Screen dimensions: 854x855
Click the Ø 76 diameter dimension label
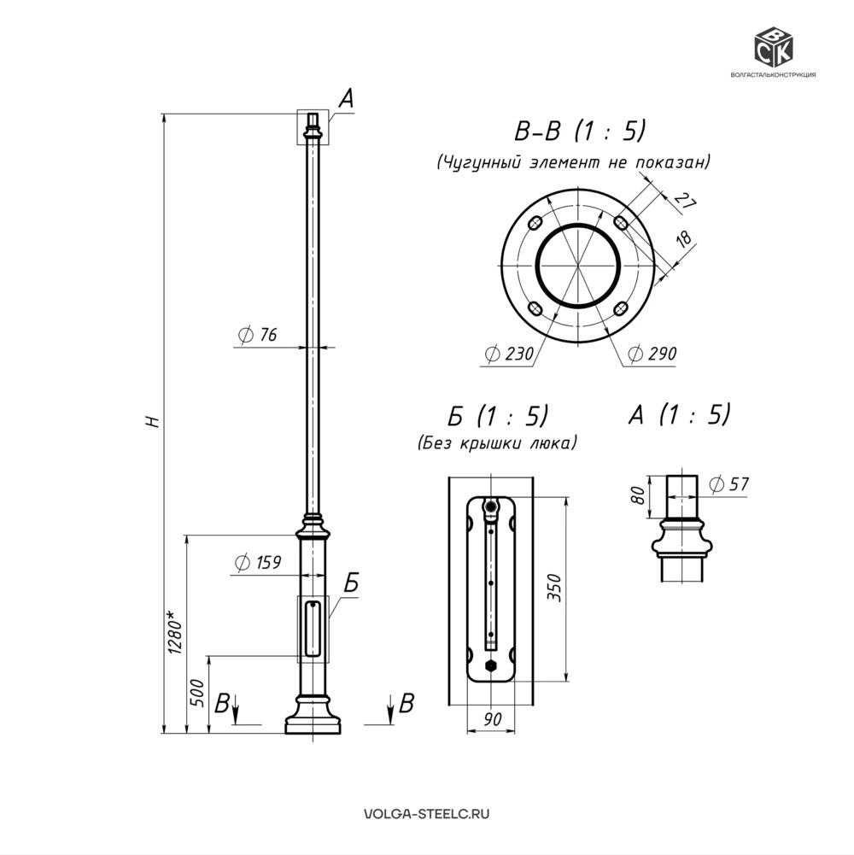[257, 334]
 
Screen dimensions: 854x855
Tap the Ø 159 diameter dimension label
[257, 562]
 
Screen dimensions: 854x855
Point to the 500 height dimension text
[197, 693]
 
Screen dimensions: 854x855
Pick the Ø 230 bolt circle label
[509, 354]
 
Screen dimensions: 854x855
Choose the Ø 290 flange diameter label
[652, 354]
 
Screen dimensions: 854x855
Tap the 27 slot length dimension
[686, 201]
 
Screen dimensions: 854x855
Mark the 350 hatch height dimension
[554, 588]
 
